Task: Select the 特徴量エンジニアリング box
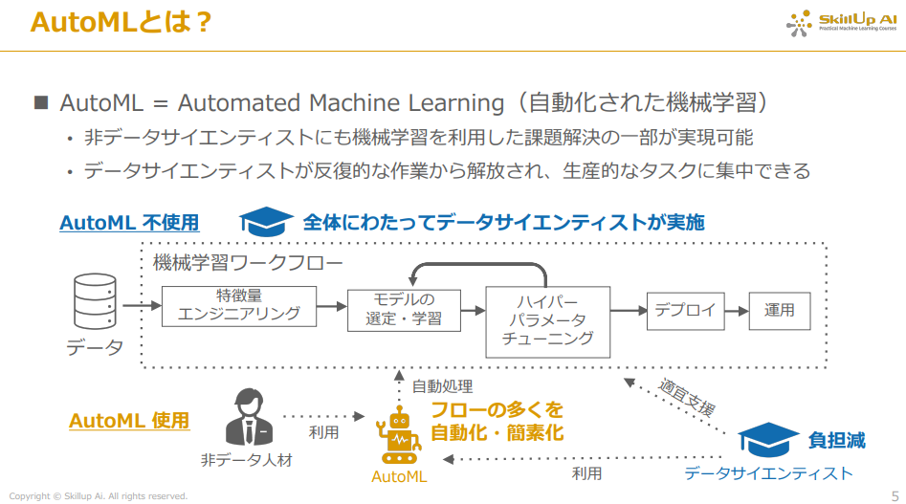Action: pos(238,305)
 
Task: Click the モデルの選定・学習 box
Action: pos(404,309)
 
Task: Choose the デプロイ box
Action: pos(685,309)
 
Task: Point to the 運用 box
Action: pos(779,310)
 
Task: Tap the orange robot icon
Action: pos(399,438)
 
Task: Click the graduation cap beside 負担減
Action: pos(768,442)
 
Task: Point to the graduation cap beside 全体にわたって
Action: pos(266,222)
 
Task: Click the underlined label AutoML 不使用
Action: pos(129,223)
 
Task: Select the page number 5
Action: pos(895,495)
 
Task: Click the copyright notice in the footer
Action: pos(99,495)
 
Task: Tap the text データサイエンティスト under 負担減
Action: pos(768,473)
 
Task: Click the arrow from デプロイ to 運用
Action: pos(736,310)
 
